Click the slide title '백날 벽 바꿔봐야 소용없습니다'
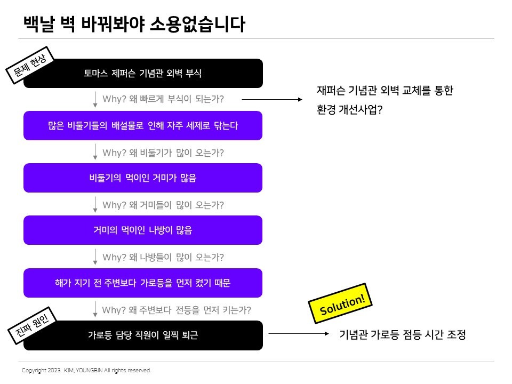pyautogui.click(x=134, y=23)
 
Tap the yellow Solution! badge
pyautogui.click(x=341, y=303)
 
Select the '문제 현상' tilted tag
pyautogui.click(x=30, y=66)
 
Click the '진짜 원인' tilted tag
pyautogui.click(x=33, y=327)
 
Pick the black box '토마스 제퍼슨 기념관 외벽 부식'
pyautogui.click(x=143, y=73)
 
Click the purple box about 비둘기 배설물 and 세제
pyautogui.click(x=143, y=126)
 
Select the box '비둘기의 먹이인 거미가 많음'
pyautogui.click(x=143, y=178)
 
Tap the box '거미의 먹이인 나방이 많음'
pyautogui.click(x=143, y=230)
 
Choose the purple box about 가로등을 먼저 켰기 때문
pyautogui.click(x=143, y=283)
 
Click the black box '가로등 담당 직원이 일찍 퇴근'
pyautogui.click(x=143, y=335)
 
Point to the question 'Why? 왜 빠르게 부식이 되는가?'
pyautogui.click(x=163, y=99)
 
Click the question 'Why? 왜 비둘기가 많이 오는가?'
pyautogui.click(x=163, y=153)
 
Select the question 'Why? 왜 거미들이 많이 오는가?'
pyautogui.click(x=163, y=205)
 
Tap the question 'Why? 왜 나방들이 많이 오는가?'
pyautogui.click(x=163, y=257)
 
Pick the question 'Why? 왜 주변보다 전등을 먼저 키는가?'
pyautogui.click(x=177, y=310)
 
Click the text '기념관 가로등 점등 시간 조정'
pyautogui.click(x=403, y=335)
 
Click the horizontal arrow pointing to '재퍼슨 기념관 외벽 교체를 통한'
pyautogui.click(x=272, y=99)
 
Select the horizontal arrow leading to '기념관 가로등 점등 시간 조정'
pyautogui.click(x=299, y=334)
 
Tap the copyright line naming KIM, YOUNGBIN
pyautogui.click(x=86, y=370)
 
